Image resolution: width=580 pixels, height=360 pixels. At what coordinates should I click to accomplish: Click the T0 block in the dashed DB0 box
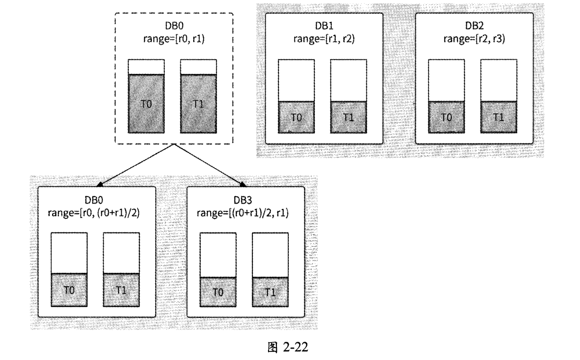pos(146,105)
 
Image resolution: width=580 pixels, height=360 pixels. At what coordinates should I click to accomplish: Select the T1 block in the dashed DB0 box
pos(198,105)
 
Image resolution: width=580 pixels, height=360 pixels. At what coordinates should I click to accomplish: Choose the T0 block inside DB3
pos(218,292)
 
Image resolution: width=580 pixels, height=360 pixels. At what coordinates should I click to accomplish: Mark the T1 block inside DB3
pos(270,292)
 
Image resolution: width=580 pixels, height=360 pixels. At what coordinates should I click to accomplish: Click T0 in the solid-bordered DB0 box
pos(69,290)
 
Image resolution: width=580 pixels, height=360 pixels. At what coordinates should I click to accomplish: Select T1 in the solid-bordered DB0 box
pos(121,290)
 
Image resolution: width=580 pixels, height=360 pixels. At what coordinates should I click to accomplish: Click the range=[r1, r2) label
pos(324,39)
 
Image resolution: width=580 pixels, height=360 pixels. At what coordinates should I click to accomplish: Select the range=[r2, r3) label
pos(474,39)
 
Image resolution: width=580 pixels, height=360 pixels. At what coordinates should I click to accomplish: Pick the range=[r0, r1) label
pos(174,39)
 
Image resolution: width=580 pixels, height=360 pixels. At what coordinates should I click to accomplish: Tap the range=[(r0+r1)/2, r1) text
pos(245,213)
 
